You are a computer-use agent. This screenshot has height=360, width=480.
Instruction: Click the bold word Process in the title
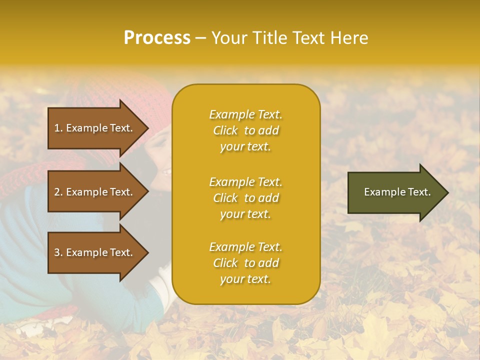coord(157,38)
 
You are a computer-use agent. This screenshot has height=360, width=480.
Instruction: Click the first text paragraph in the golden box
coord(245,130)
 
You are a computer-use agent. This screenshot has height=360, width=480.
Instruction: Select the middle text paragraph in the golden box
coord(245,198)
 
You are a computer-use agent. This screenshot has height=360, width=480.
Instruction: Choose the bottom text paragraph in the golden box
coord(245,263)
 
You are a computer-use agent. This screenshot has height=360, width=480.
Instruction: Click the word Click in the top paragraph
coord(225,130)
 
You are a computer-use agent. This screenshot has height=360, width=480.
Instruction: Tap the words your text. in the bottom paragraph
coord(245,279)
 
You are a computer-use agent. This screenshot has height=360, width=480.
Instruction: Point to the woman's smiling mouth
coord(165,172)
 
